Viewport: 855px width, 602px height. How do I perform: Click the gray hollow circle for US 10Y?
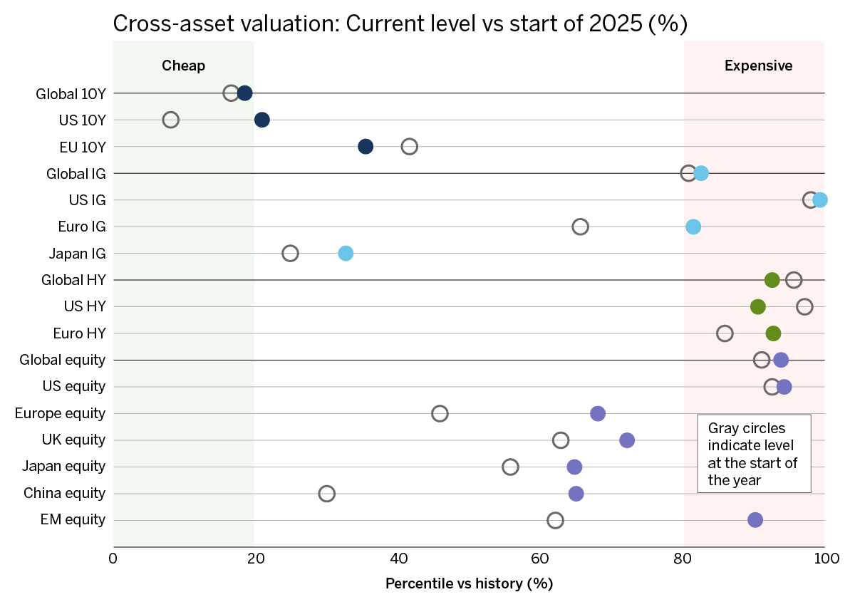[x=170, y=120]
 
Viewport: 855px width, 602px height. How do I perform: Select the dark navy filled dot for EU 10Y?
[x=366, y=147]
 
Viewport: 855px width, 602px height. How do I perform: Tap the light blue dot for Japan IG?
[x=346, y=253]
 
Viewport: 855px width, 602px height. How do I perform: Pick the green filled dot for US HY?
[x=758, y=306]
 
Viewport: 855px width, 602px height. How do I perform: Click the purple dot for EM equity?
[x=755, y=520]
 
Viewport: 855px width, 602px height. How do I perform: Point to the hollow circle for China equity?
[x=327, y=493]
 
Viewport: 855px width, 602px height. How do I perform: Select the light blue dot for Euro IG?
[x=693, y=227]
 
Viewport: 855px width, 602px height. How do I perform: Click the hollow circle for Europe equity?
[x=440, y=413]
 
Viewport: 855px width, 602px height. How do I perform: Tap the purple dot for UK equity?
[x=627, y=440]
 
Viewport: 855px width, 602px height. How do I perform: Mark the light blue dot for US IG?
[x=820, y=200]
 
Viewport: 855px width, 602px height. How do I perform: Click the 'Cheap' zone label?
[x=183, y=66]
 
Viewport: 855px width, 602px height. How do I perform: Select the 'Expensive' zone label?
[x=758, y=66]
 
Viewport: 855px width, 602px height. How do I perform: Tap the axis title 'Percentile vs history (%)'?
[x=469, y=583]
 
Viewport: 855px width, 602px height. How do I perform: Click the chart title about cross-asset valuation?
[x=399, y=24]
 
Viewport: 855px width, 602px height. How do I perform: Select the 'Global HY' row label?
[x=73, y=280]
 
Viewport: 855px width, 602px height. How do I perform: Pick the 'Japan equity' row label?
[x=63, y=467]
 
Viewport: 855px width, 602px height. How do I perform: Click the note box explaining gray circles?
[x=754, y=453]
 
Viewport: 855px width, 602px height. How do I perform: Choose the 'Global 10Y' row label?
[x=71, y=93]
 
